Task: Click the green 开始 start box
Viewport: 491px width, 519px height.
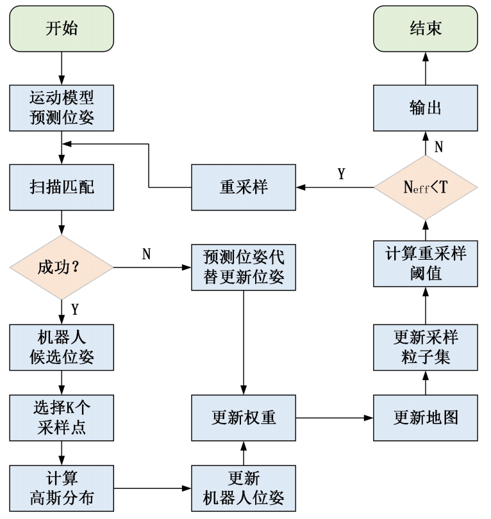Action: pyautogui.click(x=62, y=29)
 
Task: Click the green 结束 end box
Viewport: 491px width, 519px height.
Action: pyautogui.click(x=426, y=29)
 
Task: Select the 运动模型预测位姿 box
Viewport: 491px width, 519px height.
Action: pyautogui.click(x=62, y=109)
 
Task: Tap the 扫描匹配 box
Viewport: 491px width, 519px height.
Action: pyautogui.click(x=62, y=187)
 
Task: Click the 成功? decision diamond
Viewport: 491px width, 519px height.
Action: pyautogui.click(x=62, y=267)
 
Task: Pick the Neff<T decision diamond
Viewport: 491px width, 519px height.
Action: pyautogui.click(x=426, y=187)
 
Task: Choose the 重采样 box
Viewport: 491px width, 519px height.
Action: pyautogui.click(x=244, y=187)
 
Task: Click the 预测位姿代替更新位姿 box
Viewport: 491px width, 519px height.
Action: pyautogui.click(x=244, y=267)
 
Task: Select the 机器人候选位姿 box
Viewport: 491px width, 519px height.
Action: pyautogui.click(x=62, y=347)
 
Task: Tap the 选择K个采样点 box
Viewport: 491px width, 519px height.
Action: pyautogui.click(x=62, y=417)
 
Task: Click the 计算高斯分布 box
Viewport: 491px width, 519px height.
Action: pyautogui.click(x=62, y=488)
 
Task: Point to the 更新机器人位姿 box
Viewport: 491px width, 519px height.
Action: pyautogui.click(x=244, y=488)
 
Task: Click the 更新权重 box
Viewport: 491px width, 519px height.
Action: pyautogui.click(x=244, y=417)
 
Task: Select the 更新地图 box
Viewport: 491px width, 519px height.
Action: pyautogui.click(x=426, y=417)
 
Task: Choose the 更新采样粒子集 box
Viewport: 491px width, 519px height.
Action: pyautogui.click(x=426, y=347)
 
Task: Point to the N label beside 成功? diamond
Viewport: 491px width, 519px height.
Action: pyautogui.click(x=146, y=255)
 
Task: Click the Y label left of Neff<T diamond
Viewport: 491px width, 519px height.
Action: pyautogui.click(x=341, y=174)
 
